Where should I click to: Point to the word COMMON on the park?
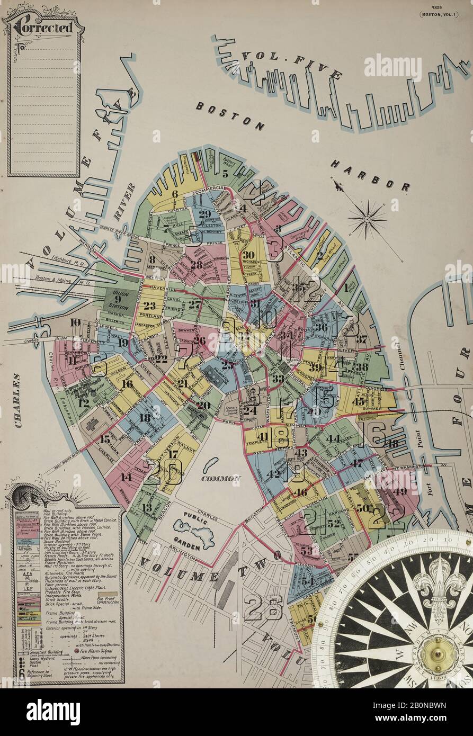(x=220, y=478)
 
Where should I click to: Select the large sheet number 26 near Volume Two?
(x=264, y=606)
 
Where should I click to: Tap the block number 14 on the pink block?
(x=126, y=477)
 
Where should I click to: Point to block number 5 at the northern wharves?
(x=225, y=173)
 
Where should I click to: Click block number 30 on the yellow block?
(x=248, y=255)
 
